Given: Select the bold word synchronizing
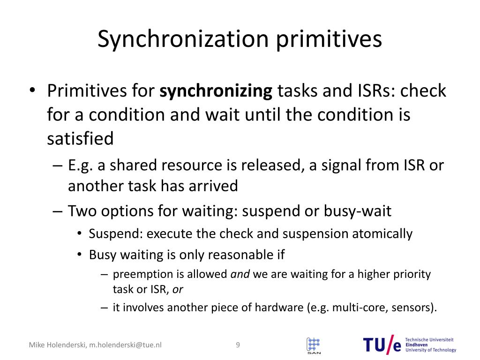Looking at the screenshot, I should [216, 90].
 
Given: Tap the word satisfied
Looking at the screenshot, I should [80, 139].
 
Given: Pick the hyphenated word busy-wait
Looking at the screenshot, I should [357, 211].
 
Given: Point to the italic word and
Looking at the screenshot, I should [240, 274].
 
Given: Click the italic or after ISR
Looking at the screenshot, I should [178, 289].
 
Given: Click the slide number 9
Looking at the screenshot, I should [238, 345].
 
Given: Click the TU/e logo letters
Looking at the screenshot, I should [382, 345].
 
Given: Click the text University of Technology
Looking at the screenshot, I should [430, 350].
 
